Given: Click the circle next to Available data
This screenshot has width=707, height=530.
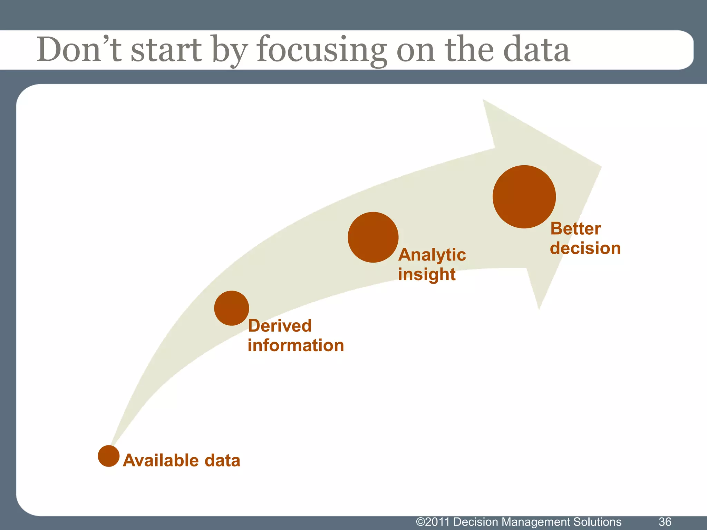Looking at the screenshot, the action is click(108, 456).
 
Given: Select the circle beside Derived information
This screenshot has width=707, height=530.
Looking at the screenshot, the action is click(231, 308).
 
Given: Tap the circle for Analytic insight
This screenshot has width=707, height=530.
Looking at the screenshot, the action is click(373, 237).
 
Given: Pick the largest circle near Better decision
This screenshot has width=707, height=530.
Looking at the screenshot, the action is click(524, 197).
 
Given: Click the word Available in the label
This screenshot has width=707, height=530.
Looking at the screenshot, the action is click(161, 461).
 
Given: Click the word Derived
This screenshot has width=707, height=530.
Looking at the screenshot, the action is click(280, 326).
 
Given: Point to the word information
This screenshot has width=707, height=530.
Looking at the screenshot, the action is click(296, 346).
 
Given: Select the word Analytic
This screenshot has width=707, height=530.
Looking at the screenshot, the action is click(432, 255).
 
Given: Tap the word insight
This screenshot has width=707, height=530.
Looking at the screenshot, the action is click(427, 275).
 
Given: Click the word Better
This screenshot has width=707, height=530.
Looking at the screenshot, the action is click(575, 229).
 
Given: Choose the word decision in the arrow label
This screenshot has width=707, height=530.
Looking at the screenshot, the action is click(585, 248).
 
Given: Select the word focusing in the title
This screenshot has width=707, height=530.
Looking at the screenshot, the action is click(321, 50).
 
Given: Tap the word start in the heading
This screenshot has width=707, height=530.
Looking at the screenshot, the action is click(166, 50).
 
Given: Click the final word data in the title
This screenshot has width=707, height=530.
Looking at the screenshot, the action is click(536, 50).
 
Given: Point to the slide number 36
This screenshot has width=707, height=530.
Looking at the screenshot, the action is click(665, 522).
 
